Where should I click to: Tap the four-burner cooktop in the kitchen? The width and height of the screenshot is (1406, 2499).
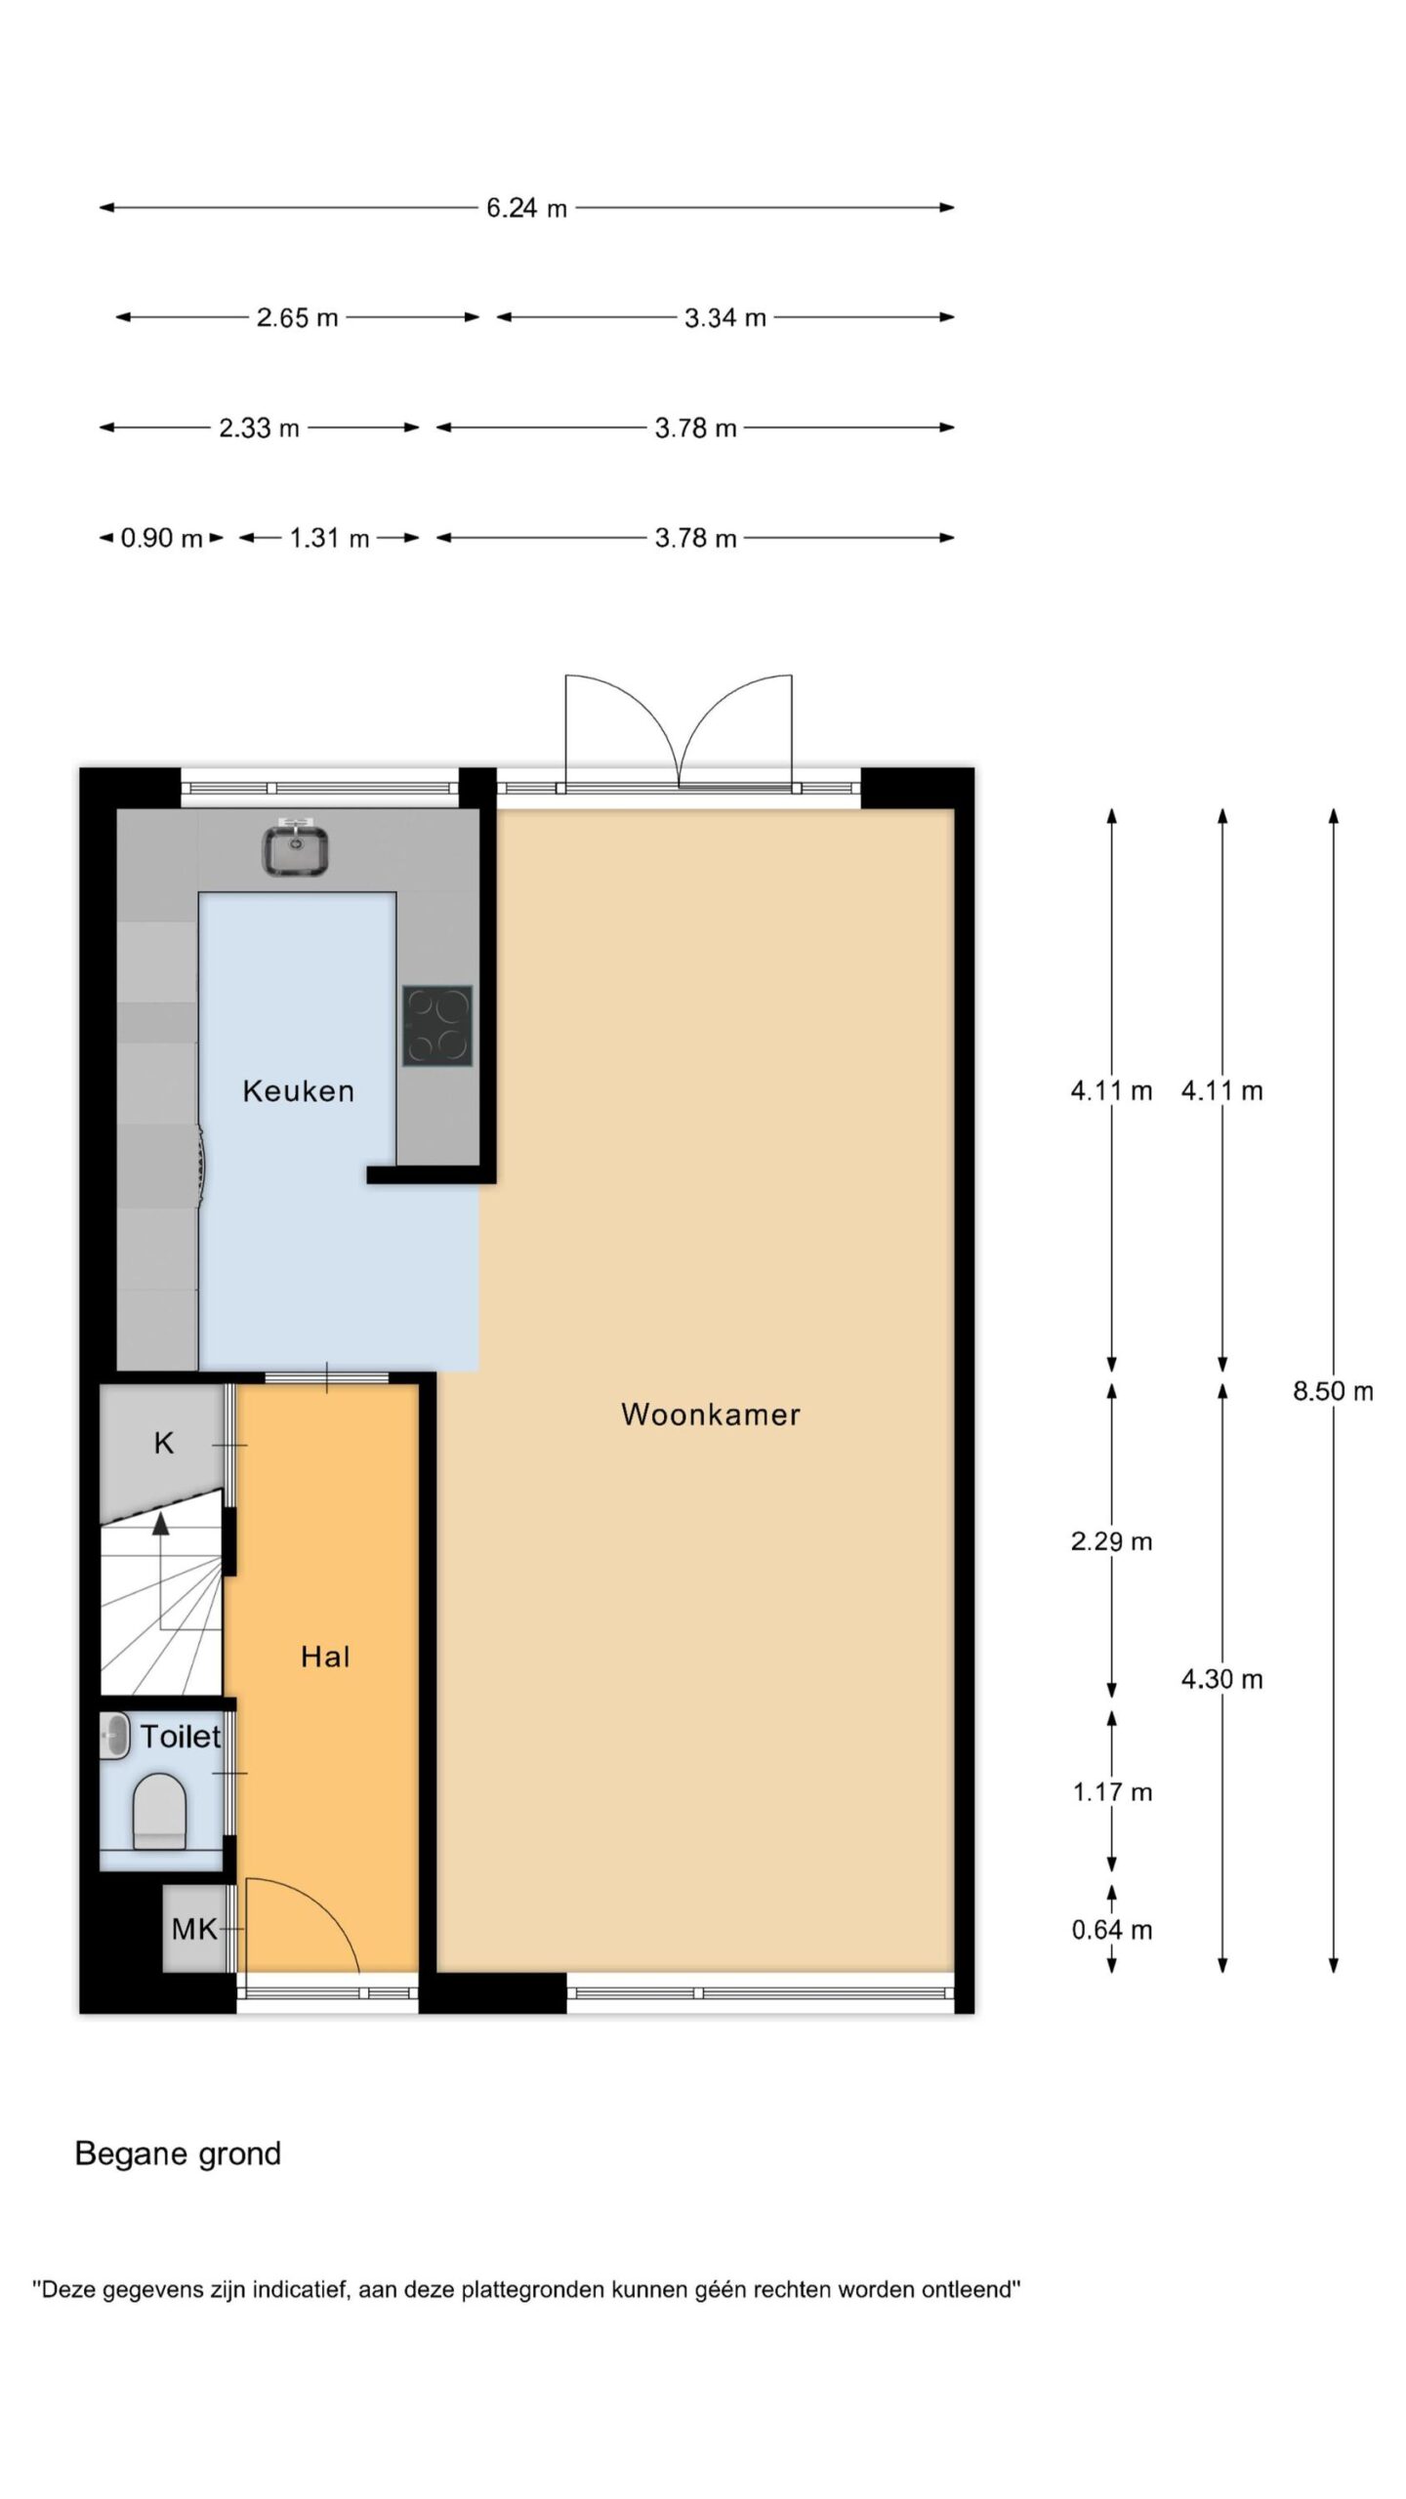click(437, 1025)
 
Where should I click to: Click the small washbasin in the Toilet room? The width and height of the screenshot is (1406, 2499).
click(115, 1737)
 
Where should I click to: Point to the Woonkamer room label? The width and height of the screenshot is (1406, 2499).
click(711, 1413)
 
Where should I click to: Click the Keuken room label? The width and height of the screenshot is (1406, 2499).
click(298, 1090)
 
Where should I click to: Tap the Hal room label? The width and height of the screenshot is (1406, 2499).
click(325, 1657)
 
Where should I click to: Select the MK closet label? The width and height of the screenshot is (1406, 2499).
click(194, 1929)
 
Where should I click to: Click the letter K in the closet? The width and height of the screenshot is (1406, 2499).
click(164, 1443)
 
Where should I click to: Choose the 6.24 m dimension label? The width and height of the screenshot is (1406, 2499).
click(527, 208)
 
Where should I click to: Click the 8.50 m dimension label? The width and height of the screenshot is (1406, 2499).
click(1333, 1391)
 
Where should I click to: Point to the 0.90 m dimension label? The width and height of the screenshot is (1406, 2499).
click(161, 538)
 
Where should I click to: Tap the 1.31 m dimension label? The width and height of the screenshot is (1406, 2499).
click(330, 538)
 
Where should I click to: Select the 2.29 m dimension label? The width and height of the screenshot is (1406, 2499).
click(1111, 1541)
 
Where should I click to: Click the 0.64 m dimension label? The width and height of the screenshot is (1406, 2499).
click(1111, 1930)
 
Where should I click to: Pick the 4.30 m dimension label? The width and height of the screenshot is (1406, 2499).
click(1222, 1679)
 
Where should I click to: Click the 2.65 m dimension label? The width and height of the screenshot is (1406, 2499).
click(298, 317)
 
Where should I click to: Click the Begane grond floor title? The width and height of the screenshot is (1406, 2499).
click(178, 2152)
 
